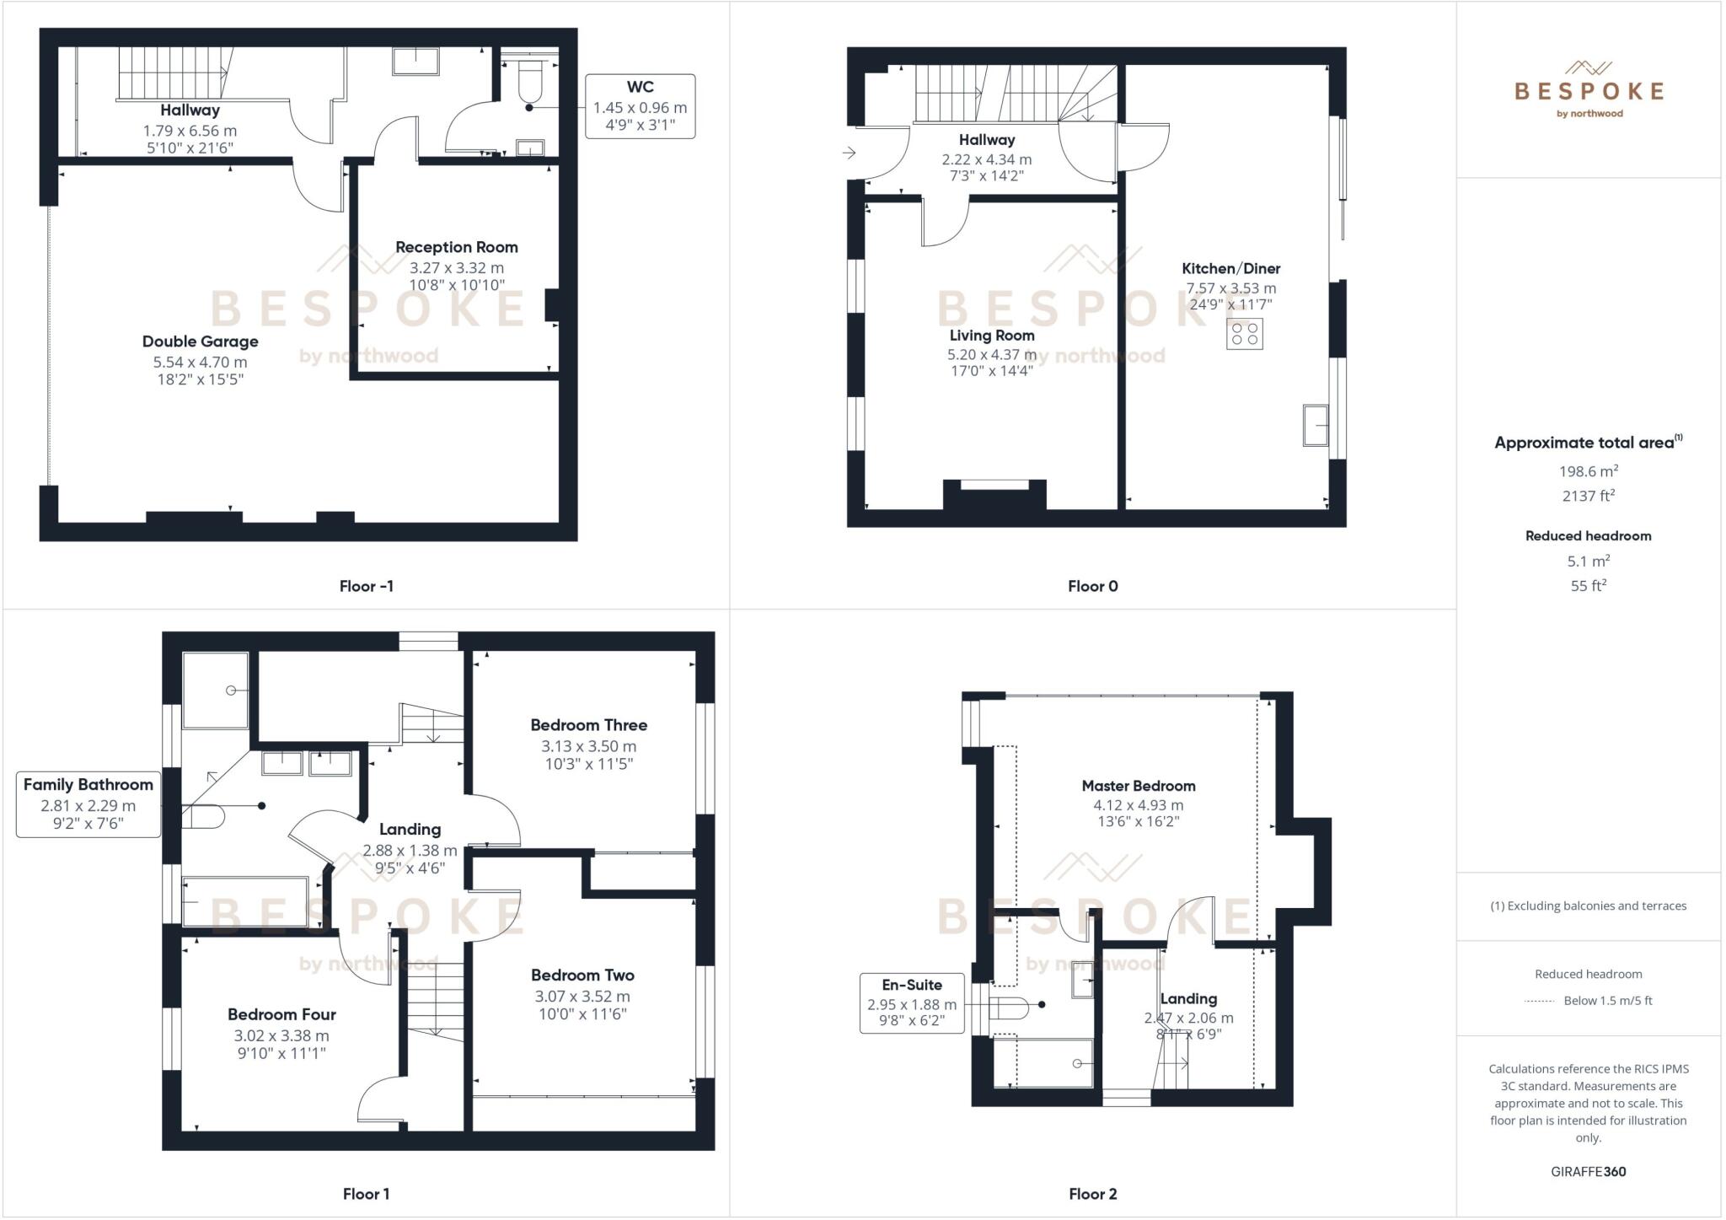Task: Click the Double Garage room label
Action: [x=200, y=341]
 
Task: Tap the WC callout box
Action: [x=641, y=107]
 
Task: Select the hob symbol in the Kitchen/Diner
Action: [x=1244, y=334]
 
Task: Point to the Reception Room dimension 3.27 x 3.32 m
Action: [x=456, y=268]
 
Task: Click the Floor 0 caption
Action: [x=1092, y=586]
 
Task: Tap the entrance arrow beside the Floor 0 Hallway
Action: [x=849, y=153]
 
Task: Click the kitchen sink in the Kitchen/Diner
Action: [x=1316, y=425]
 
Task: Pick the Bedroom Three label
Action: [x=588, y=725]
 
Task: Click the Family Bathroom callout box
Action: [x=88, y=804]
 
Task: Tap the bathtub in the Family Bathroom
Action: [x=245, y=902]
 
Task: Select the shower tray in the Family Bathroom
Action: [x=216, y=690]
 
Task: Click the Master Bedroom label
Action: [x=1138, y=786]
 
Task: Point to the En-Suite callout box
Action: [x=911, y=1002]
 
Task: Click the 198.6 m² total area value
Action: [x=1588, y=471]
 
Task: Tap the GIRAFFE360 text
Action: [x=1588, y=1171]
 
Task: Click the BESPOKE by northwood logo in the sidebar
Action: [x=1589, y=91]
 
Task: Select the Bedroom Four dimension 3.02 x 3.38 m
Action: [x=281, y=1035]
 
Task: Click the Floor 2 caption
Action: [x=1092, y=1194]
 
